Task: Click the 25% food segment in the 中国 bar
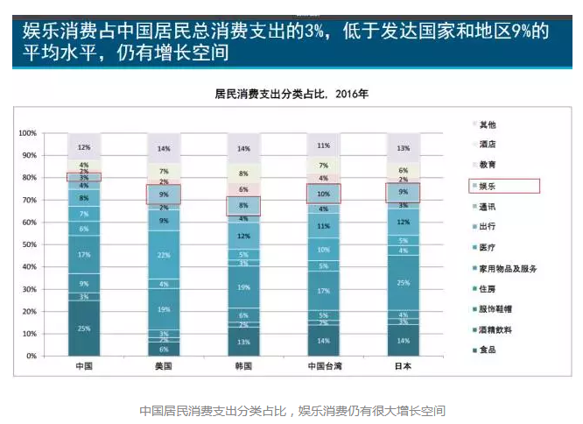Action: pos(85,329)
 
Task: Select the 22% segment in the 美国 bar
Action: pos(164,255)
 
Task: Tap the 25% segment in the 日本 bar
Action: pos(403,282)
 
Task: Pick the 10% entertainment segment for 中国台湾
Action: pos(323,194)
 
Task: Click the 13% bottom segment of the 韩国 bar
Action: pos(243,342)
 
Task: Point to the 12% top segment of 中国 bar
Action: pos(85,147)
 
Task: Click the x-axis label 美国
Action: pos(164,365)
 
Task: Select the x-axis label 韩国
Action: pos(243,365)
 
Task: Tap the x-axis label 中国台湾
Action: pos(323,365)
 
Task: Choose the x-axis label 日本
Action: pos(403,365)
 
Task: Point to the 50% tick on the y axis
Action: pos(28,244)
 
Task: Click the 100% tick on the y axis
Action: pos(26,133)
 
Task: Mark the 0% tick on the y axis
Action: pos(32,356)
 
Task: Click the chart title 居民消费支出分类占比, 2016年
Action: pos(291,93)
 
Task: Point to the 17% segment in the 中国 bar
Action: pos(85,255)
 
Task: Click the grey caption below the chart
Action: pos(292,409)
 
